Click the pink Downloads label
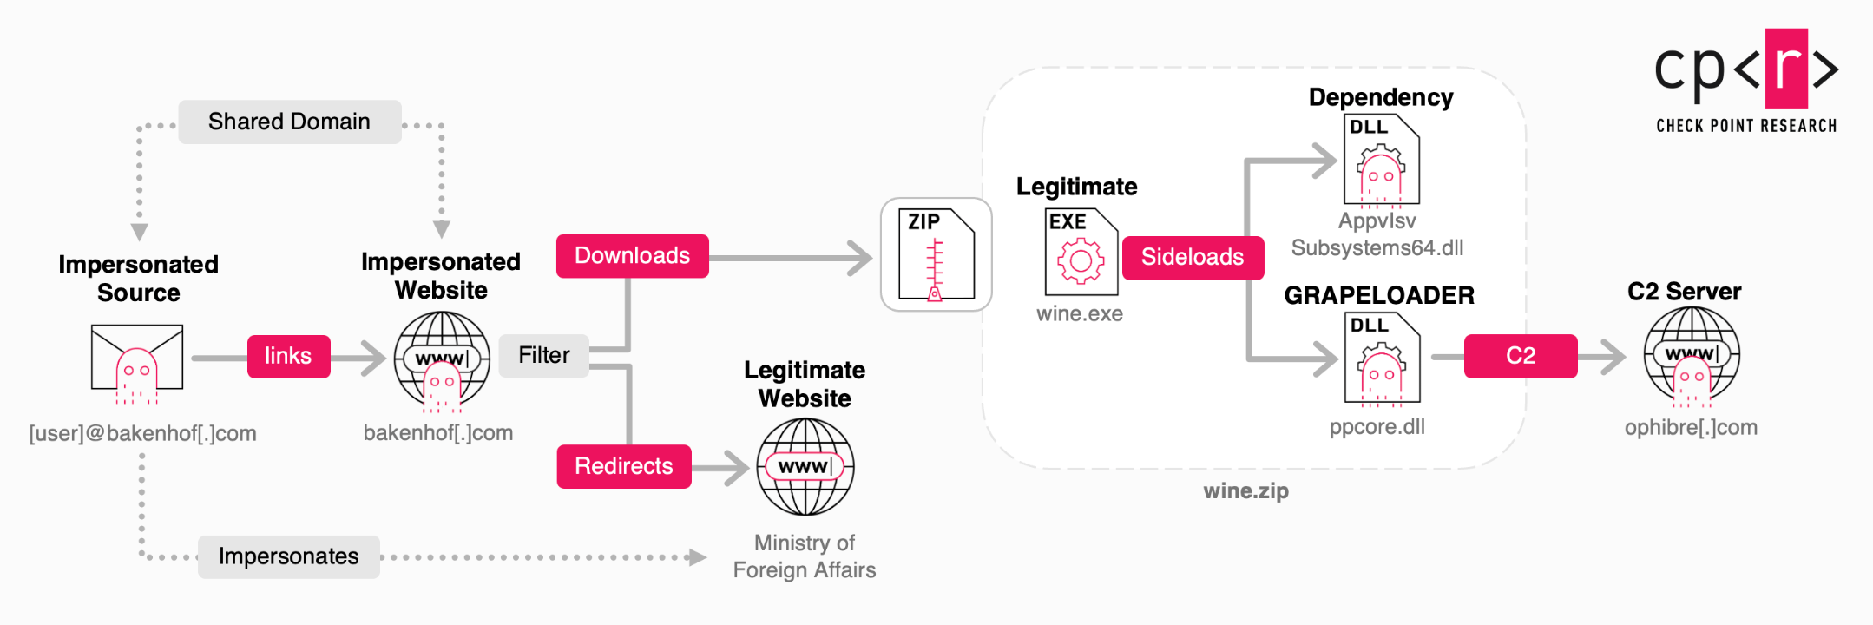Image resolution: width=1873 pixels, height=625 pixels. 632,256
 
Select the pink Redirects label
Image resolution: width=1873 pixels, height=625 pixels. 623,466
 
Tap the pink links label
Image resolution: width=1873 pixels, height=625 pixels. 288,356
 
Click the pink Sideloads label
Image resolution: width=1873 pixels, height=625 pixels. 1192,257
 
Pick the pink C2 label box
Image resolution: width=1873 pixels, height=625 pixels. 1520,356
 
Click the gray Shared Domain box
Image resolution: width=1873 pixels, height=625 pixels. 289,122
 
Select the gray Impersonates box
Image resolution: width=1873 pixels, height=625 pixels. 288,556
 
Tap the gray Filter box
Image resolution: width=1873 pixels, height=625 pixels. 543,355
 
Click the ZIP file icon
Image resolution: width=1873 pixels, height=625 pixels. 936,254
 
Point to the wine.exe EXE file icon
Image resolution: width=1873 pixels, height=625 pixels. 1081,253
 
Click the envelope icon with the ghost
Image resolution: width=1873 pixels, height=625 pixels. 137,361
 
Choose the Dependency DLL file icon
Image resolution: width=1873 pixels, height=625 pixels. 1381,161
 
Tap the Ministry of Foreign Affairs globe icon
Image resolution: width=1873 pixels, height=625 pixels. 805,466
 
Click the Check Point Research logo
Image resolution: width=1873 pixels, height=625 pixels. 1746,81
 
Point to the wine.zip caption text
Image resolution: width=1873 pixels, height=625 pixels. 1245,491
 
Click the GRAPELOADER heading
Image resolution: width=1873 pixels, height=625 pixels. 1379,295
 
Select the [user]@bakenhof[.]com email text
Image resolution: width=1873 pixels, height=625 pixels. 142,433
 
